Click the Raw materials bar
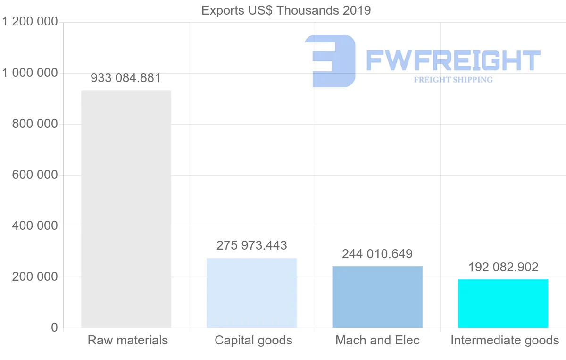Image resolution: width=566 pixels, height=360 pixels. coord(126,209)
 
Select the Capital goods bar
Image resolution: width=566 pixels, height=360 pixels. coord(252,293)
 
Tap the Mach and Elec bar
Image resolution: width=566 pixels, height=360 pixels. coord(377,297)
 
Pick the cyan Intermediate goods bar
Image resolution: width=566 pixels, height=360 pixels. coord(503,303)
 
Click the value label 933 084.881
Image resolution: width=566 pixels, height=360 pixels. coord(126,78)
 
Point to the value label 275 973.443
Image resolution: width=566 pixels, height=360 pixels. coord(252,245)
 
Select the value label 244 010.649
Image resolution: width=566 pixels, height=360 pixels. coord(377,254)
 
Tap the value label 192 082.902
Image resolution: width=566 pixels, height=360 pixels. coord(503,267)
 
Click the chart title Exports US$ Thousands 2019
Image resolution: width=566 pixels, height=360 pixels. coord(286,10)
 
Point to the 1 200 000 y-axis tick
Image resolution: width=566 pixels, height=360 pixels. coord(30,22)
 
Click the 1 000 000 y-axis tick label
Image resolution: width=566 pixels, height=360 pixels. coord(30,73)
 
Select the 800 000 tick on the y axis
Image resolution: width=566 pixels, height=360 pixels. coord(34,124)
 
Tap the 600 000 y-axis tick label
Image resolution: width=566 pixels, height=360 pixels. coord(34,175)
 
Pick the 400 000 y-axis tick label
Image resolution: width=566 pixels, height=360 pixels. coord(34,226)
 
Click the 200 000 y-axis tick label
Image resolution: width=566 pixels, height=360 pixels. coord(34,277)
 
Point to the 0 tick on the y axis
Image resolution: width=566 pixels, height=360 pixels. coord(54,328)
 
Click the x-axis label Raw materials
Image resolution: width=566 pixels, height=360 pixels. coord(128,340)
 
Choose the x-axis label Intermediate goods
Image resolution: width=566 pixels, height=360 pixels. coord(505,340)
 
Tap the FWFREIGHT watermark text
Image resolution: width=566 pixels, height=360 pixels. coord(453,60)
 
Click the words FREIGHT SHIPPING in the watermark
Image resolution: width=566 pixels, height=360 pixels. coord(453,80)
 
